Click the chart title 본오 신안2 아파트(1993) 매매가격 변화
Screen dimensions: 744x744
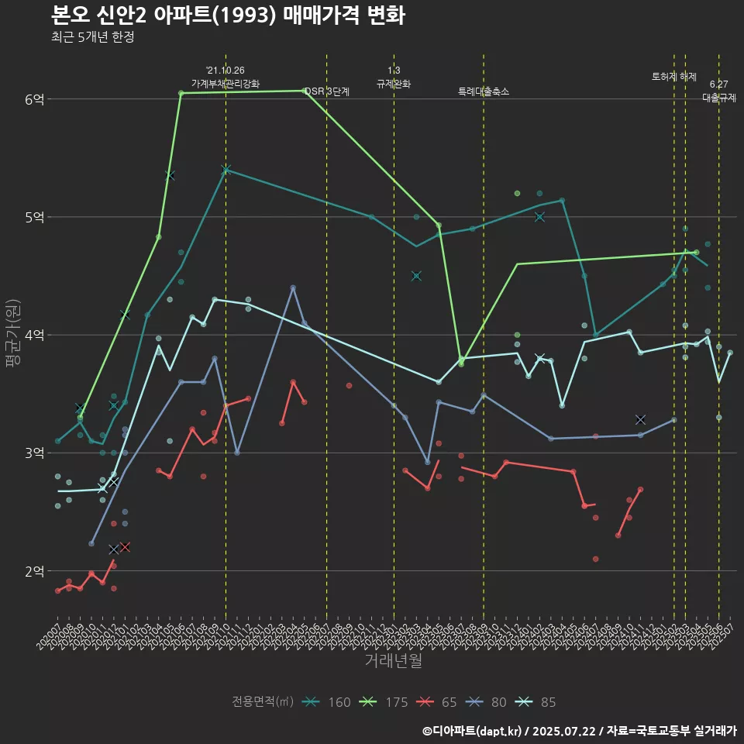tap(228, 15)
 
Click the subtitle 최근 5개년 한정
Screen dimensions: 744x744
tap(93, 37)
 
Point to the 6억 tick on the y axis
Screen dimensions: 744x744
tap(35, 99)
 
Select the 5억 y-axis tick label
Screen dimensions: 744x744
tap(35, 217)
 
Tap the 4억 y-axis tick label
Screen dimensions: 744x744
tap(35, 335)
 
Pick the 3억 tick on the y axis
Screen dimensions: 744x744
tap(35, 453)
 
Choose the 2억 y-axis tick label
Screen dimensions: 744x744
tap(35, 571)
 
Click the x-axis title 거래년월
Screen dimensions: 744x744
tap(393, 661)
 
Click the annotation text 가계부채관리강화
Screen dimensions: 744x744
tap(226, 84)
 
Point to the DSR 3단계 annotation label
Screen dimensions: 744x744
tap(327, 92)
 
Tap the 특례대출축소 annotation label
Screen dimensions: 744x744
tap(484, 91)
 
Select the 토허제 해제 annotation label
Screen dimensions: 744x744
tap(674, 77)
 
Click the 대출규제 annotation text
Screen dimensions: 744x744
tap(718, 98)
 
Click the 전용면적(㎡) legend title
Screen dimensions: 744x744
tap(263, 702)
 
